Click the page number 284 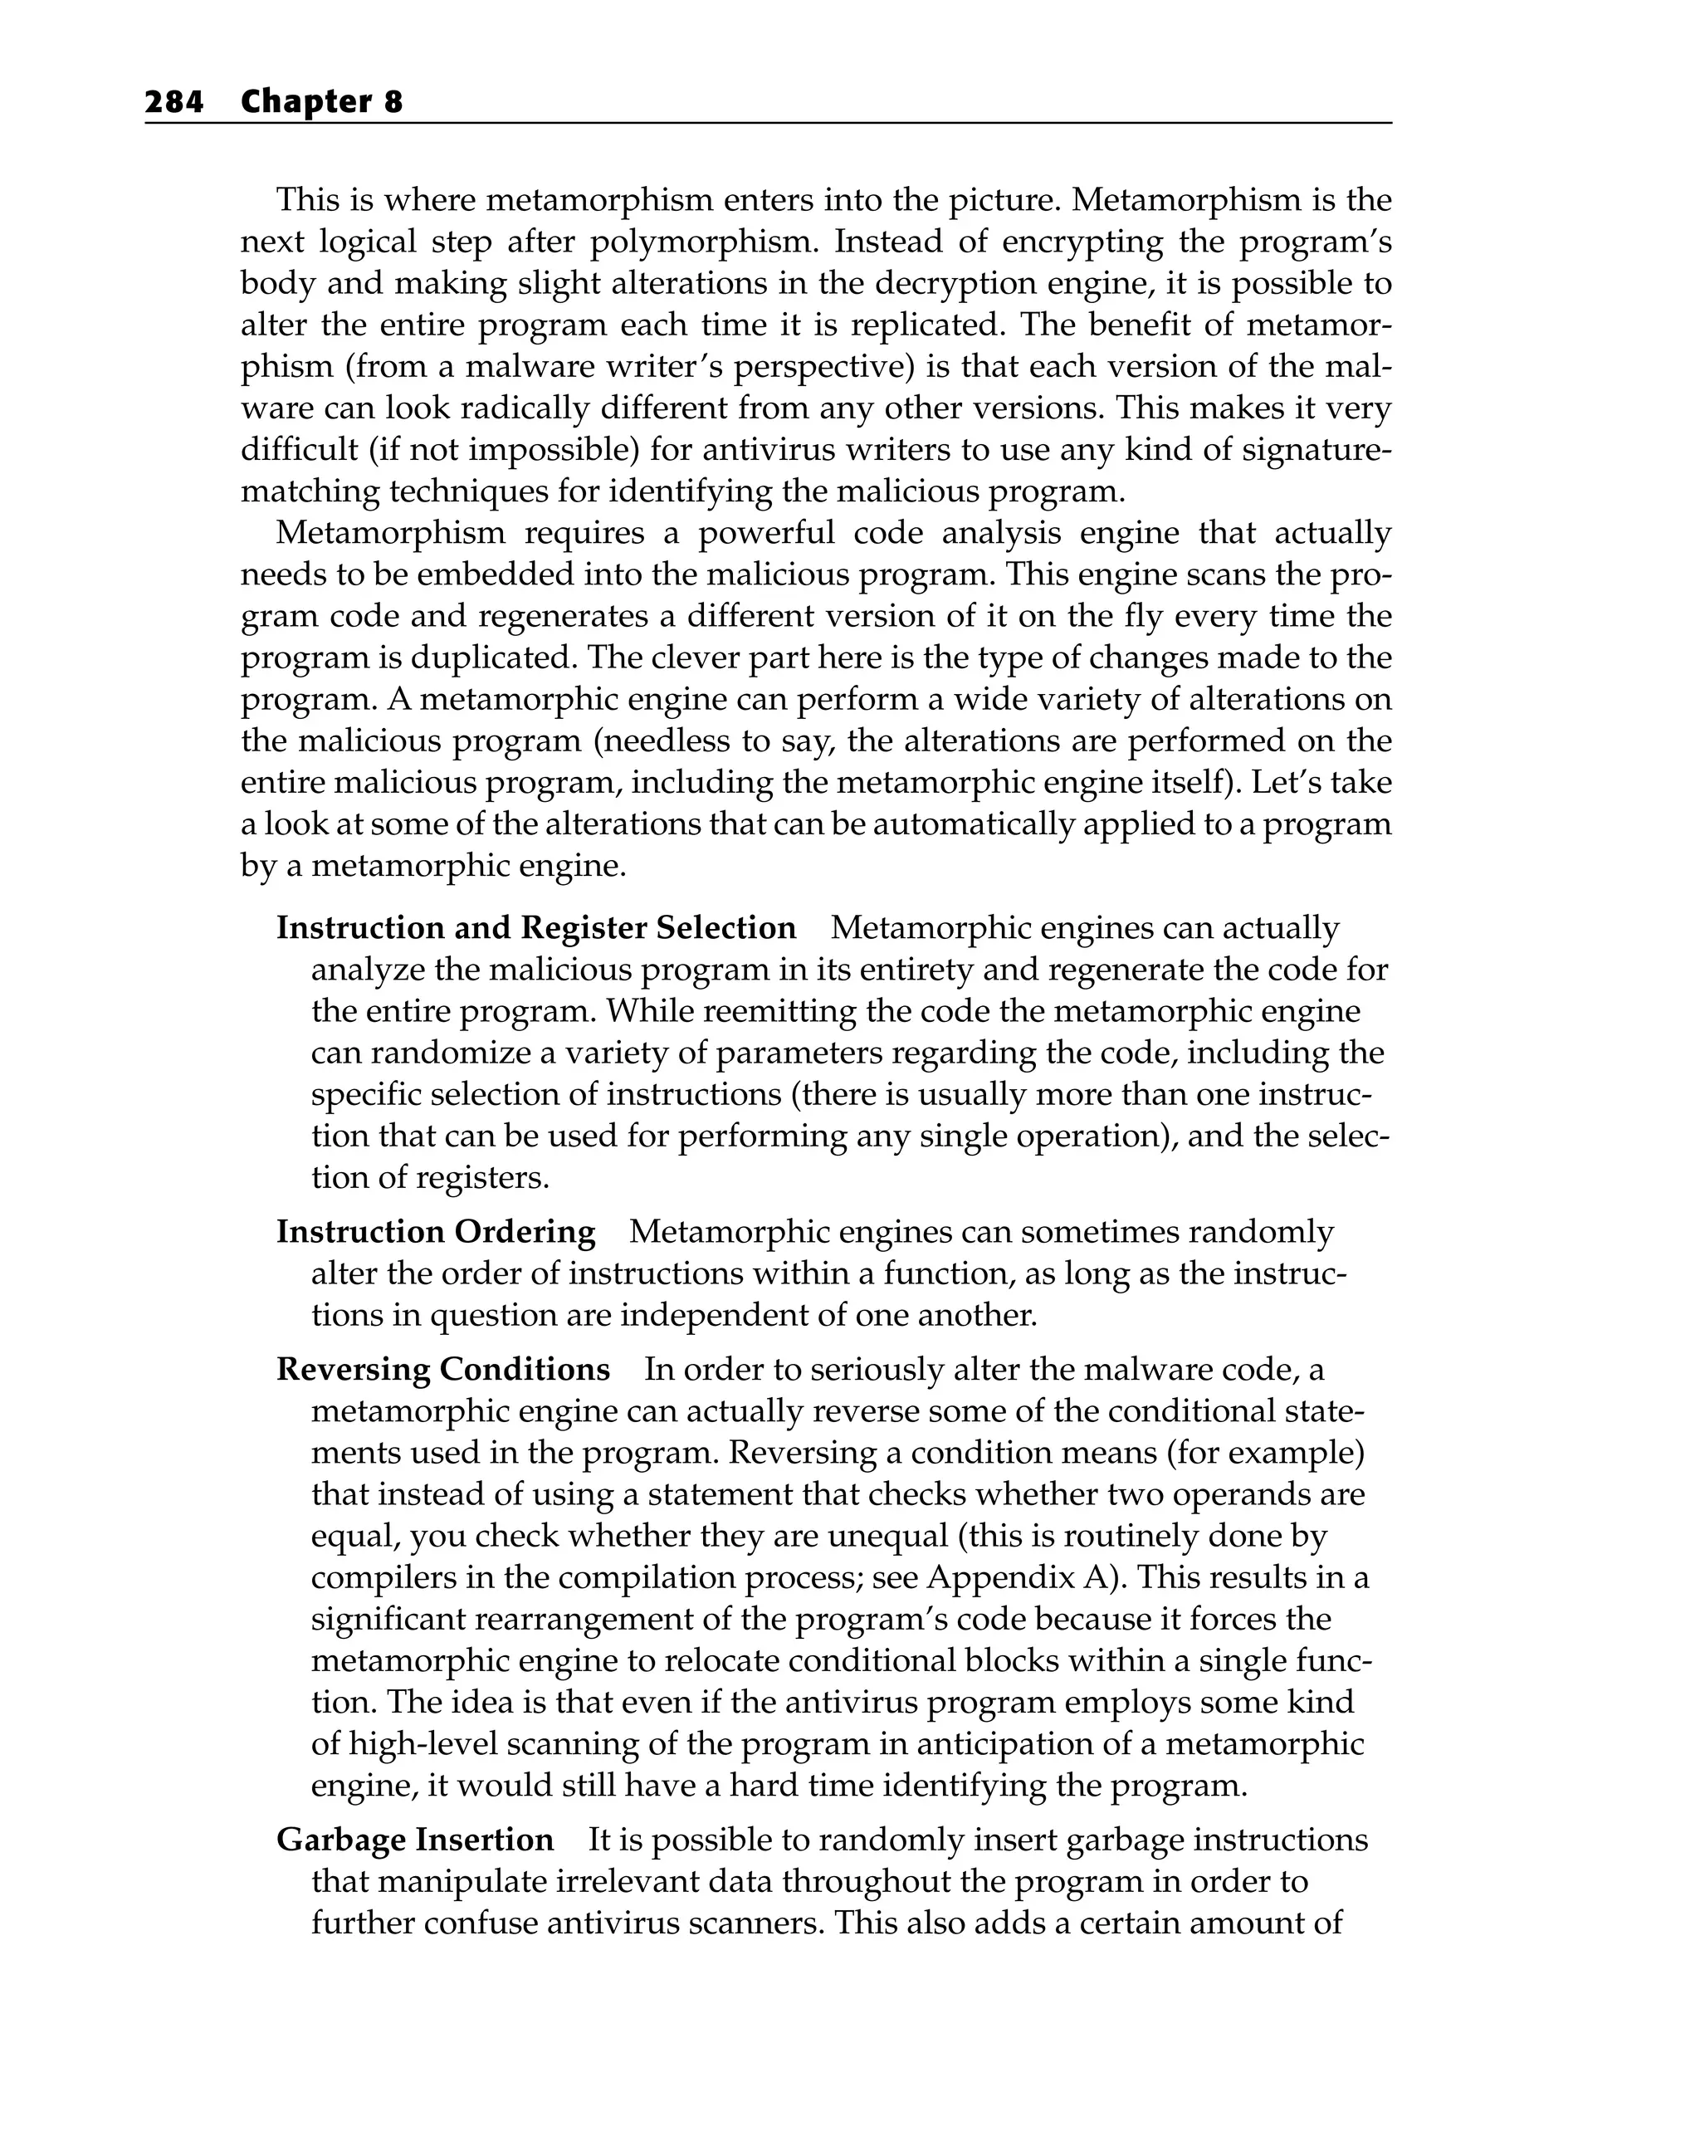(x=174, y=102)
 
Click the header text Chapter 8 (x=321, y=102)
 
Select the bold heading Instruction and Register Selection (x=535, y=928)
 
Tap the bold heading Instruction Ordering (x=436, y=1232)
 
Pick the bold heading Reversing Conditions (x=442, y=1369)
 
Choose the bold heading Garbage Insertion (x=415, y=1840)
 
